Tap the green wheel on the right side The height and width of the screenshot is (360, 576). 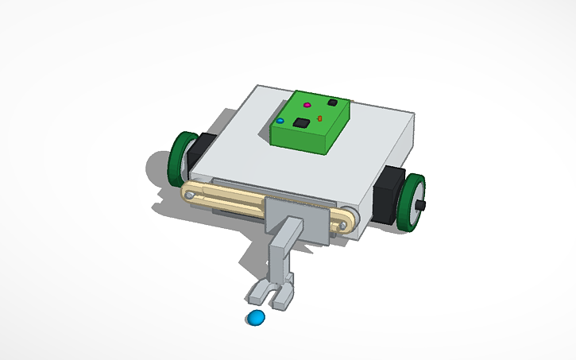412,203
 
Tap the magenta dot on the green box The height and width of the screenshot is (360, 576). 307,105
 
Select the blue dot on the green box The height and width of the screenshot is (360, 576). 280,121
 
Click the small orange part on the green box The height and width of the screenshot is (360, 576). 319,118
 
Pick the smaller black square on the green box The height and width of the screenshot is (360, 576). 332,103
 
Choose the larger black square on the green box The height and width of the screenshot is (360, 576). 302,123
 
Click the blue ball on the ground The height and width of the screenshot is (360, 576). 255,319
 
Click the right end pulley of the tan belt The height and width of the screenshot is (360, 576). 342,226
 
